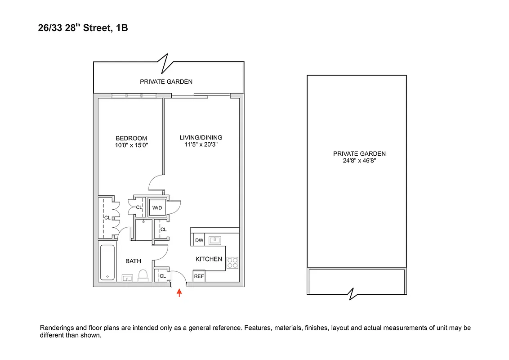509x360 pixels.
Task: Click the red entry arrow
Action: [x=179, y=293]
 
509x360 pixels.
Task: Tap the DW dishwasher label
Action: [x=199, y=240]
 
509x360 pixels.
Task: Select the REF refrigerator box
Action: [x=199, y=276]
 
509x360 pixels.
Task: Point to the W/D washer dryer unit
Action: [x=157, y=207]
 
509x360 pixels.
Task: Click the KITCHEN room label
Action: [x=209, y=259]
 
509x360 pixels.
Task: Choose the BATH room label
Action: [x=133, y=261]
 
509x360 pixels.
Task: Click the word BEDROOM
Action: [x=131, y=138]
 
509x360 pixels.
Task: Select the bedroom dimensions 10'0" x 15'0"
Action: [x=131, y=145]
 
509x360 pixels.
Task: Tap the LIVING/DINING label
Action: [x=201, y=138]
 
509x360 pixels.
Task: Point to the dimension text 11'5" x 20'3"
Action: [x=201, y=144]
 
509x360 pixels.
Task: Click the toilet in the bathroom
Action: [x=143, y=275]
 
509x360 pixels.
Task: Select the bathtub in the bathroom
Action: [x=107, y=263]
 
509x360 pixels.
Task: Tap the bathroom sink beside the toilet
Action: [x=127, y=278]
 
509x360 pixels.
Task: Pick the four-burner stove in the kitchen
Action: [x=232, y=262]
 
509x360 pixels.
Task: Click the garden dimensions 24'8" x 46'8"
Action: [x=359, y=160]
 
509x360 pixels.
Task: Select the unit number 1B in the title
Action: [x=121, y=28]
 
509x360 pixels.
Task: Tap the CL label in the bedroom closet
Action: [x=107, y=218]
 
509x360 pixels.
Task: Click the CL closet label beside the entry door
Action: [x=162, y=276]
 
